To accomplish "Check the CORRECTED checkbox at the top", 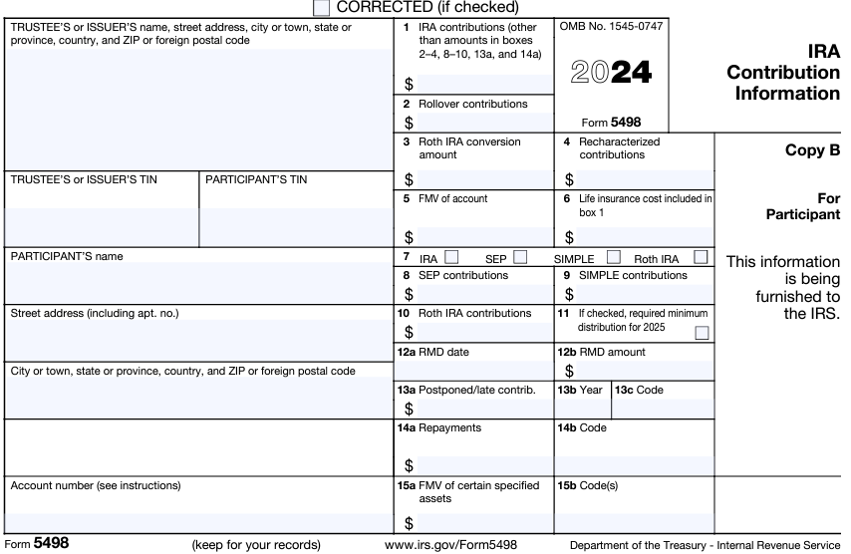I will [321, 7].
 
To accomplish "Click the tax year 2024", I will [611, 73].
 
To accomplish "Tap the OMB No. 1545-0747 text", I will [610, 29].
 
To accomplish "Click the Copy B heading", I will [812, 150].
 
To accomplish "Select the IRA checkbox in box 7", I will [451, 257].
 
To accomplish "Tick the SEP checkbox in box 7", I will [520, 257].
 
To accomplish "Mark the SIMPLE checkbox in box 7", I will [613, 257].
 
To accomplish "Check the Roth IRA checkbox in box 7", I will [701, 257].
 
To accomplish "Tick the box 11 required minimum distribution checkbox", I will [702, 333].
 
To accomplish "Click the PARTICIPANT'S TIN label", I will [256, 180].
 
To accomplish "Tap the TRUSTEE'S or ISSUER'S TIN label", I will [84, 180].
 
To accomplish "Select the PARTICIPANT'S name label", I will [67, 256].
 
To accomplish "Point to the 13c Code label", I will [639, 390].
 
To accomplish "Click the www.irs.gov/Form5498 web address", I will [450, 545].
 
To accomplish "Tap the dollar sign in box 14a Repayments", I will [409, 465].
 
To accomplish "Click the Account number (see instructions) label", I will [96, 486].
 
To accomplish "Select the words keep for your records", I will [256, 545].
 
